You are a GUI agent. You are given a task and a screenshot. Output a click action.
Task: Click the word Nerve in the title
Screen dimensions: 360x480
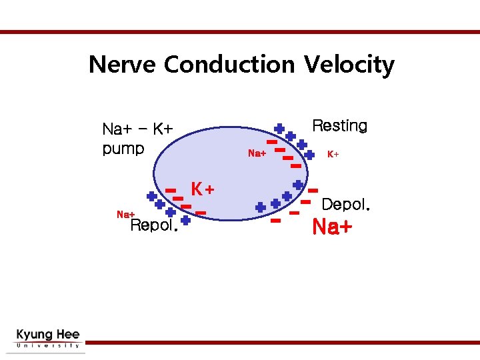(123, 65)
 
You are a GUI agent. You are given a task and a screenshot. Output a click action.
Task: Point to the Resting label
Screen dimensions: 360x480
(339, 126)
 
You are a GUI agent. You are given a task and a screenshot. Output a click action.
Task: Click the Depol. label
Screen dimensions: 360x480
(345, 205)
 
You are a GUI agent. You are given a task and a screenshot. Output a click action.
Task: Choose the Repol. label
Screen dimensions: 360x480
(154, 225)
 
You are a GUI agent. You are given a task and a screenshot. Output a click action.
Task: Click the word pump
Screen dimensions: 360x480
(123, 148)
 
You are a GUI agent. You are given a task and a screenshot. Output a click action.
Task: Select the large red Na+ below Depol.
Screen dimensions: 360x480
(332, 227)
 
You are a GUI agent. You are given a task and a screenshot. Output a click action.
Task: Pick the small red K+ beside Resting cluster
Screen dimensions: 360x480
(333, 154)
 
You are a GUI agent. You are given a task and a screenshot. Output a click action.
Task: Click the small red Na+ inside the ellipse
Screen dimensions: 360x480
(257, 154)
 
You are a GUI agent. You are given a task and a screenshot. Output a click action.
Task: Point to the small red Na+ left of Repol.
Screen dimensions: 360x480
(126, 214)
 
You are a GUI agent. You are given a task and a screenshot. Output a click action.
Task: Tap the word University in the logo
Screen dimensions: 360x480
(47, 346)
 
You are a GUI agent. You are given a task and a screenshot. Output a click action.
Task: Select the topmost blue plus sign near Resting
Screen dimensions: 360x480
(279, 128)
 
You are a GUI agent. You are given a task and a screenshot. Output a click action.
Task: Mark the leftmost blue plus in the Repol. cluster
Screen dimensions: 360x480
(151, 197)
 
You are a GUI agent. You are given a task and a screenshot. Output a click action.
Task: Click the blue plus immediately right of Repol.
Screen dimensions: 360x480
(185, 219)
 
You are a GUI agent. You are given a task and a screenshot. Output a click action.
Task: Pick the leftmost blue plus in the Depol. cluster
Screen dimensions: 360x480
(260, 207)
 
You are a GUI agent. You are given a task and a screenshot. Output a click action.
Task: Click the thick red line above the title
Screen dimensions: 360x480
(240, 31)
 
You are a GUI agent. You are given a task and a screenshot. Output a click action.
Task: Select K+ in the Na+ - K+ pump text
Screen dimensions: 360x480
(163, 129)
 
